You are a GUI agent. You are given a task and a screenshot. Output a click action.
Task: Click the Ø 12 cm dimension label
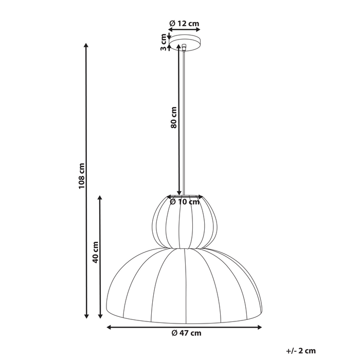pyautogui.click(x=184, y=23)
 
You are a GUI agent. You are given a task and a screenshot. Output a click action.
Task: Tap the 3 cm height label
pyautogui.click(x=163, y=42)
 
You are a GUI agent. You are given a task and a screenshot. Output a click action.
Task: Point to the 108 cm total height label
pyautogui.click(x=81, y=176)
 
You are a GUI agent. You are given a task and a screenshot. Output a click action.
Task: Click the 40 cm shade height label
pyautogui.click(x=95, y=252)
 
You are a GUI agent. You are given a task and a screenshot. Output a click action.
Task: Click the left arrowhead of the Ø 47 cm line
pyautogui.click(x=109, y=327)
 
